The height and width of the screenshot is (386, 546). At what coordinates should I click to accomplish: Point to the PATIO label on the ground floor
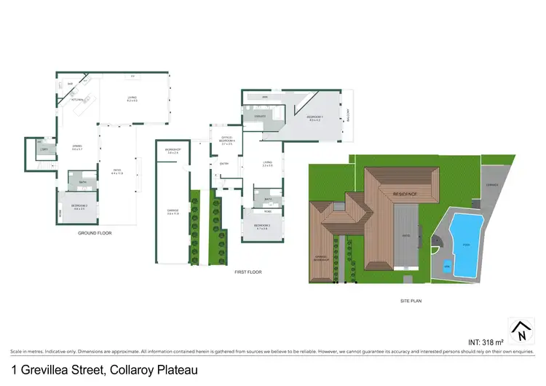tap(116, 171)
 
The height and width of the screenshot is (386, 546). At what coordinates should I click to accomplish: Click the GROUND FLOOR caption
tap(95, 233)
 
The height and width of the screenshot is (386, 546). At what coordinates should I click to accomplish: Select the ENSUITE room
tap(258, 117)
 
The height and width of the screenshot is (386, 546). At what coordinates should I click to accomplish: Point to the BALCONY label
tap(349, 126)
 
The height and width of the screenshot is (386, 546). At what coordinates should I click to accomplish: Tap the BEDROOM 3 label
tap(262, 227)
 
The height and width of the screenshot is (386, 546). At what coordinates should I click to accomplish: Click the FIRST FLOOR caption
tap(248, 272)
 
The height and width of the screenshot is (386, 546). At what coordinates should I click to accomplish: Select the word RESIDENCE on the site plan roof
tap(405, 194)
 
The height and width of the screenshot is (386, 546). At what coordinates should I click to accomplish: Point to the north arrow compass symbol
tap(521, 331)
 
